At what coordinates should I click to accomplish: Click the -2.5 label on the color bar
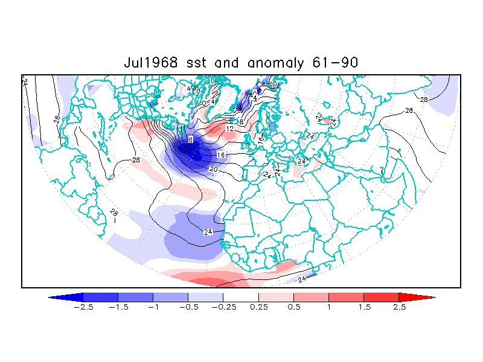pyautogui.click(x=80, y=307)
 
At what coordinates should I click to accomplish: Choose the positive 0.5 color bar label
pyautogui.click(x=294, y=307)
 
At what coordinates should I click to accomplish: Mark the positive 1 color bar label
pyautogui.click(x=329, y=307)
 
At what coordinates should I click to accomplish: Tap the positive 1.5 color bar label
pyautogui.click(x=364, y=307)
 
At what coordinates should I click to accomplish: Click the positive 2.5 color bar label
pyautogui.click(x=400, y=307)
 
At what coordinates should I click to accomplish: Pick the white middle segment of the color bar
pyautogui.click(x=241, y=297)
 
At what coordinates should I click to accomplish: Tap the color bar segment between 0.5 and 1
pyautogui.click(x=311, y=297)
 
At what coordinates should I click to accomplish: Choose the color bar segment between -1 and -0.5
pyautogui.click(x=170, y=297)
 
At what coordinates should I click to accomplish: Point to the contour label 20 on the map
pyautogui.click(x=213, y=170)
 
